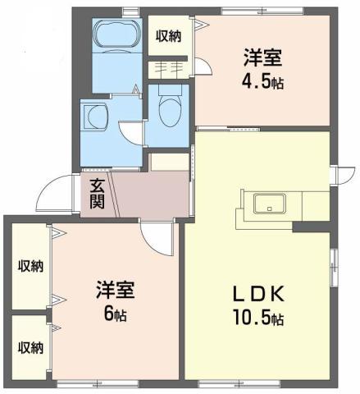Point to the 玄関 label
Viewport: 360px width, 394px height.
tap(97, 195)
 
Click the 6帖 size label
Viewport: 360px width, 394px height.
tap(115, 314)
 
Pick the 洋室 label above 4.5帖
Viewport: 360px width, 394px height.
tap(262, 59)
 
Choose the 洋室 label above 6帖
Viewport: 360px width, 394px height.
tap(115, 290)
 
